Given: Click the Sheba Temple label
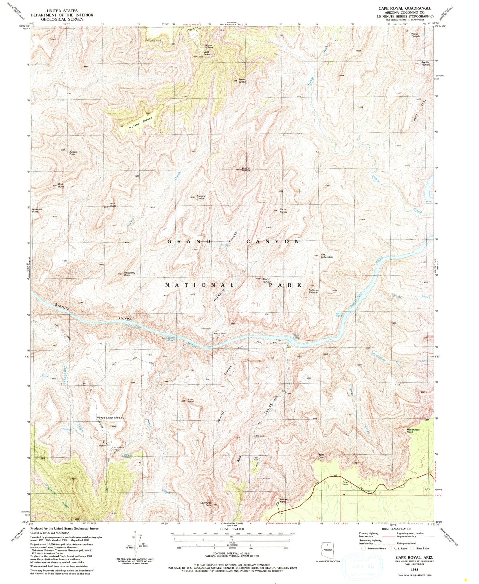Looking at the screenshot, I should (267, 280).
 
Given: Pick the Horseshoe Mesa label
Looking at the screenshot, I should (109, 418).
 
